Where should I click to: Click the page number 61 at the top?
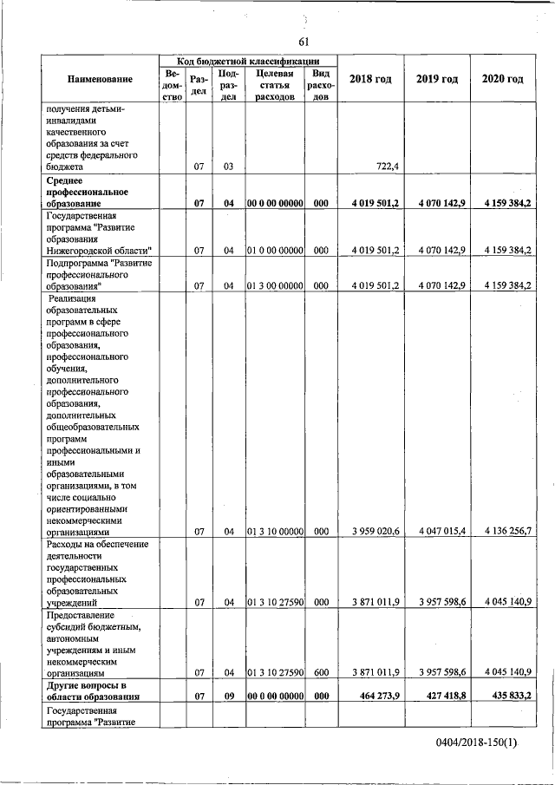[x=304, y=41]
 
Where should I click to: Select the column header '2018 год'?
[x=370, y=80]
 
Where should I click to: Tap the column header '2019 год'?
[x=436, y=80]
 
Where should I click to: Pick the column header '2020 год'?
[x=502, y=80]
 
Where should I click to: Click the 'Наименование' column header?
[x=100, y=80]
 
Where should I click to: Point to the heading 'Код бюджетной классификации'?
[x=248, y=62]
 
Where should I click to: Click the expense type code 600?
[x=320, y=671]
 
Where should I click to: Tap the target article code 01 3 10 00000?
[x=274, y=531]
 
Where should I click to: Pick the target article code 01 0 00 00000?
[x=274, y=250]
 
